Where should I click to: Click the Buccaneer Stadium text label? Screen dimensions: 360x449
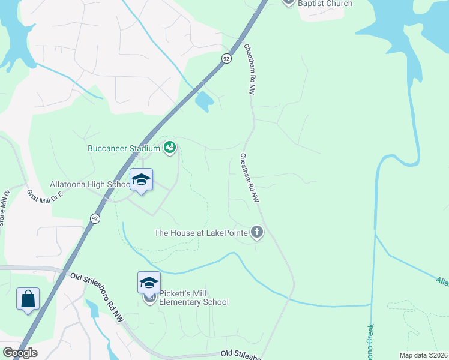point(125,148)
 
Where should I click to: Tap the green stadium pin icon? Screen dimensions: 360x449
point(170,147)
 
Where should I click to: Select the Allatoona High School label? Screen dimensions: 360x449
point(89,185)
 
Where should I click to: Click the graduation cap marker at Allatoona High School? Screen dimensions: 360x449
point(141,181)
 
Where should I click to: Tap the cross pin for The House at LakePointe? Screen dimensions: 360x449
point(257,232)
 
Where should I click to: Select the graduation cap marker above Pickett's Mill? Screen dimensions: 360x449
point(149,283)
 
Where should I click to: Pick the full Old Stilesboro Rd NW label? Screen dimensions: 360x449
point(97,296)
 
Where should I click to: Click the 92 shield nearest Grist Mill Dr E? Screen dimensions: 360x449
point(95,218)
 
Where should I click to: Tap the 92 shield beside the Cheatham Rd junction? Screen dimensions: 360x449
point(225,58)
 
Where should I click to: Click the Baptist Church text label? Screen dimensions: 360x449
point(327,4)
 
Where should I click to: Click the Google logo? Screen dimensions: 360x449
point(20,353)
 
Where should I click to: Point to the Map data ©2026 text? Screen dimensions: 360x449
point(423,355)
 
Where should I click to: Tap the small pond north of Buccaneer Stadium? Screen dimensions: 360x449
point(204,101)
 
